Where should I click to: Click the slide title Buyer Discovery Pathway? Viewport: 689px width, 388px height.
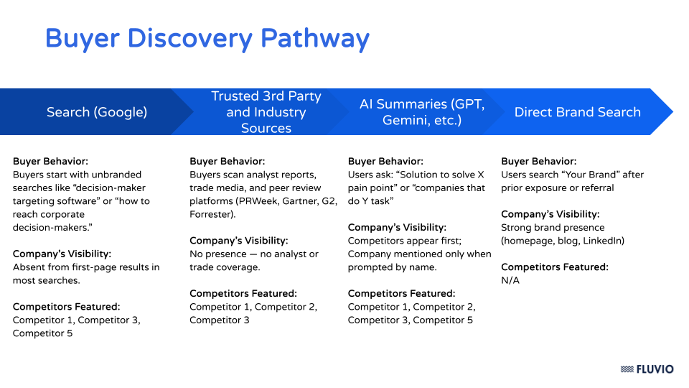coord(207,38)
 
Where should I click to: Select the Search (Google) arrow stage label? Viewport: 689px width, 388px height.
coord(97,112)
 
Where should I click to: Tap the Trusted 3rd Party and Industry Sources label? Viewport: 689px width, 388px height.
coord(266,112)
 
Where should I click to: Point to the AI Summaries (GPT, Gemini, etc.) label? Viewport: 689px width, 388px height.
coord(422,112)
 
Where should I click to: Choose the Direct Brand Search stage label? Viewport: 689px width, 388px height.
coord(577,112)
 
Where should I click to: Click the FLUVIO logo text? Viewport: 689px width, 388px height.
coord(655,369)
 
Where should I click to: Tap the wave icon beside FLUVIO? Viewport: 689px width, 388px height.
coord(627,369)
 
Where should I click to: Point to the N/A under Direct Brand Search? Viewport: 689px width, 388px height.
coord(510,280)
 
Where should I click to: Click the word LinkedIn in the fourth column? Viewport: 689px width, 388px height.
coord(602,241)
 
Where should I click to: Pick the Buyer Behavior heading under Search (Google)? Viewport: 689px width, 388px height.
coord(50,162)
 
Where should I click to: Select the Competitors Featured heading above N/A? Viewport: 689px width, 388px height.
coord(555,267)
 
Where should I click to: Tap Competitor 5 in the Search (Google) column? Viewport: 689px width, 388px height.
coord(42,333)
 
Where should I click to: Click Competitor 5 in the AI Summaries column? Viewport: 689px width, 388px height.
coord(443,320)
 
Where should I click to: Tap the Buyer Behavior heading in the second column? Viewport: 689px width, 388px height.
coord(227,162)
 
